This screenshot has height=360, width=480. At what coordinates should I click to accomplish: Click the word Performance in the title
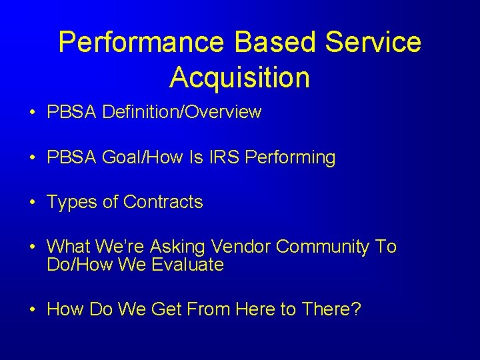point(141,43)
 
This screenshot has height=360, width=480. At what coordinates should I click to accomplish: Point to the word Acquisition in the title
point(239,77)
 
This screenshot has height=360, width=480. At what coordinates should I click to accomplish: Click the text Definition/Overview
point(182,112)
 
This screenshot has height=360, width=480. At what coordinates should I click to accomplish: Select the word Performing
point(291,158)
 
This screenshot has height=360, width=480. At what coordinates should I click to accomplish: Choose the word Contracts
point(163,202)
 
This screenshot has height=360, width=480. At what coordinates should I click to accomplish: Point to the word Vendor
point(240,247)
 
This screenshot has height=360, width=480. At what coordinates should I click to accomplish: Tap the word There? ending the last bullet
point(331,309)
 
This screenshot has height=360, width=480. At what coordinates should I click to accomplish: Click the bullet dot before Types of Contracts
point(32,203)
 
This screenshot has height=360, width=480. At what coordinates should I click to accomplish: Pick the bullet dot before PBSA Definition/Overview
point(32,113)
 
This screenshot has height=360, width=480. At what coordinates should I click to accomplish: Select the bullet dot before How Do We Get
point(32,310)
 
